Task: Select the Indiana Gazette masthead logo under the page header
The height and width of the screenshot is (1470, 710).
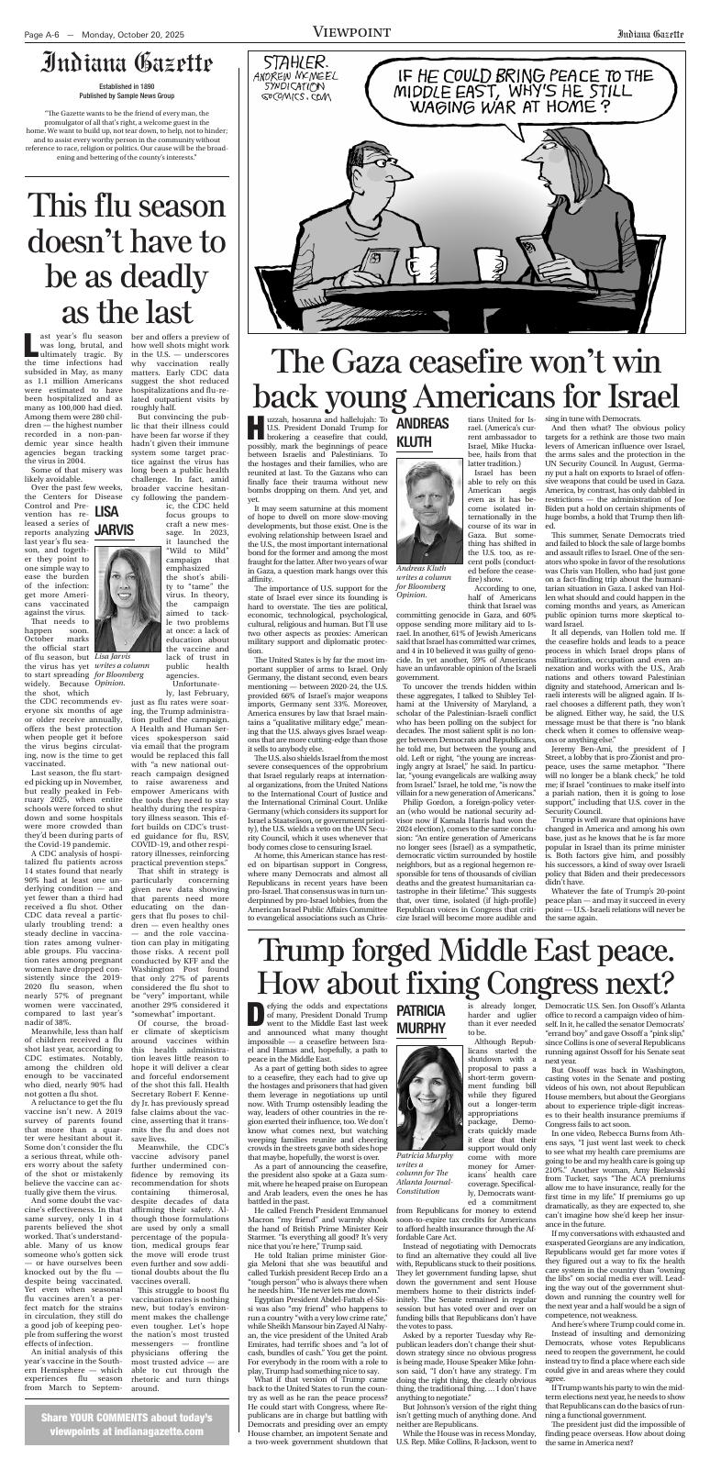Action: tap(126, 65)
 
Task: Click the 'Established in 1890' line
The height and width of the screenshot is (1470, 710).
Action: tap(126, 86)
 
